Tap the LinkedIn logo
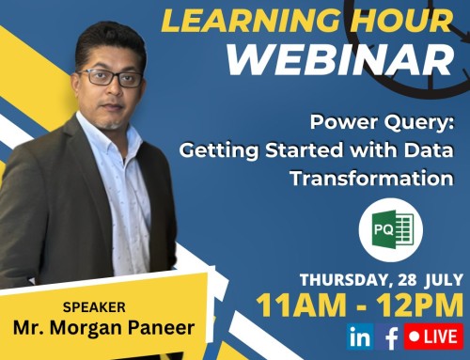358,335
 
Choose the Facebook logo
389,336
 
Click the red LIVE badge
433,336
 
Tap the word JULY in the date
443,279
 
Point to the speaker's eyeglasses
111,78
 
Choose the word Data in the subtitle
430,150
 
